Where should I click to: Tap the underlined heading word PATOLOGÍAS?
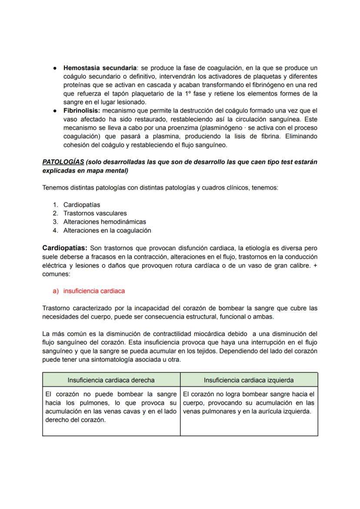(x=63, y=162)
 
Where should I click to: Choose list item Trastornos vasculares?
(x=95, y=213)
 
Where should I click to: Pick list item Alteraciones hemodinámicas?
(x=104, y=222)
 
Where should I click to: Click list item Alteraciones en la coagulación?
(x=107, y=230)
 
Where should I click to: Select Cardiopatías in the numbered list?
(x=82, y=205)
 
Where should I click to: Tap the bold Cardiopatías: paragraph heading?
(x=65, y=248)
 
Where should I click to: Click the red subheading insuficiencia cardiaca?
(x=94, y=291)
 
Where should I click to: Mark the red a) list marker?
(x=56, y=291)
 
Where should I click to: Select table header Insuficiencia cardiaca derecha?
(x=111, y=380)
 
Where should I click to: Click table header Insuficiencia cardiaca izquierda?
(x=249, y=380)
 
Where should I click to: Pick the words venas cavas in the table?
(x=131, y=412)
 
